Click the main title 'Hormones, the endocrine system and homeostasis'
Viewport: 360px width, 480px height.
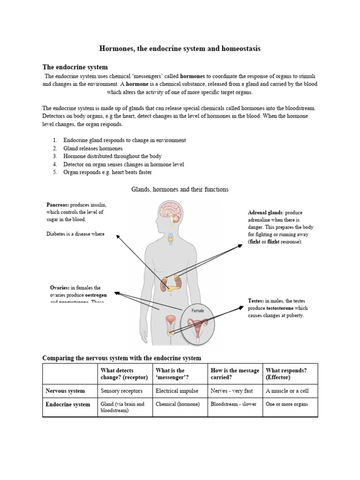point(180,48)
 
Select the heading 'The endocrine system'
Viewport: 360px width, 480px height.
point(75,67)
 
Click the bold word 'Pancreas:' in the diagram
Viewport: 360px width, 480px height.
point(57,205)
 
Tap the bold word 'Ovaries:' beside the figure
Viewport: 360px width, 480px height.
point(60,287)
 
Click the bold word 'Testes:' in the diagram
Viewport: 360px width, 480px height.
point(255,300)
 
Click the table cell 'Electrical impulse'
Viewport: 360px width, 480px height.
point(177,390)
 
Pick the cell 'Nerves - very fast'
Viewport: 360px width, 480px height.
point(232,390)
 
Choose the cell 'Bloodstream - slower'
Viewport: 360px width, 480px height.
point(233,404)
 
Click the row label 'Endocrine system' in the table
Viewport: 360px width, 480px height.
point(67,404)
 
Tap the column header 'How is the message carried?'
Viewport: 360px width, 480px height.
point(234,374)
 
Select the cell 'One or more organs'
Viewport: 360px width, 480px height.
point(286,404)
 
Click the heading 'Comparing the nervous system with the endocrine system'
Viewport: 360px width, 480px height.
point(121,358)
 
